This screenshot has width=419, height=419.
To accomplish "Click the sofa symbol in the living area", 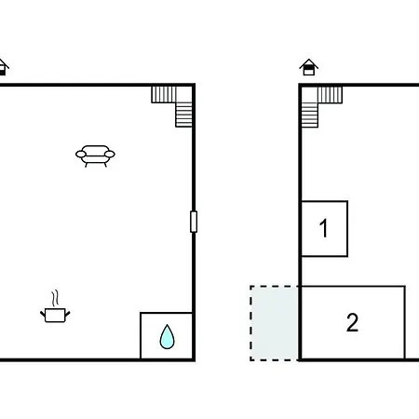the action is [x=95, y=155].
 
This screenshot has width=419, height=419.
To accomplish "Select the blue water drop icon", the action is [x=167, y=337].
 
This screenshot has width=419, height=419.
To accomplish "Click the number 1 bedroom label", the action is [x=324, y=228].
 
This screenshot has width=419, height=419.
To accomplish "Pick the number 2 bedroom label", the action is [x=352, y=323].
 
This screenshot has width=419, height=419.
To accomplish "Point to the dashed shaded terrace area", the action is [x=275, y=323].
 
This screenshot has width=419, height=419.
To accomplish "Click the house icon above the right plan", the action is [x=309, y=67].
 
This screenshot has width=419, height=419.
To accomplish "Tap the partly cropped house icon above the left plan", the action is [x=3, y=67].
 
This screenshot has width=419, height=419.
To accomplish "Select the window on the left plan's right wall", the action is [x=194, y=222].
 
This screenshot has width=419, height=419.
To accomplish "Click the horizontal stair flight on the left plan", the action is [x=164, y=95].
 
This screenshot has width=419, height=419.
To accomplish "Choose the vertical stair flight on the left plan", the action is [x=183, y=115].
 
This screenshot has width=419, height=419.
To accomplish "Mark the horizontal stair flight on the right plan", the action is [x=330, y=95].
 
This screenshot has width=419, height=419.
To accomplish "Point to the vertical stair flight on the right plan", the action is [x=310, y=115].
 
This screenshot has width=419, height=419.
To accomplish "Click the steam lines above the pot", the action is [x=55, y=299].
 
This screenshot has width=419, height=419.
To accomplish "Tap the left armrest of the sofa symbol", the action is [x=81, y=155].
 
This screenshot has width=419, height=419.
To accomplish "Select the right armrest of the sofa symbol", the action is [x=110, y=154].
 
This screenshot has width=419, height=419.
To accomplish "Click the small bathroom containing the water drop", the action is [x=167, y=336].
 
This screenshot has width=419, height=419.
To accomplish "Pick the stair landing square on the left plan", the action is [x=184, y=95].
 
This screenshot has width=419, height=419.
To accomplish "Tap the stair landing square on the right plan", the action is [x=310, y=95].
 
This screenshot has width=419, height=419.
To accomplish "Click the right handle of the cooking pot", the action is [x=67, y=315].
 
